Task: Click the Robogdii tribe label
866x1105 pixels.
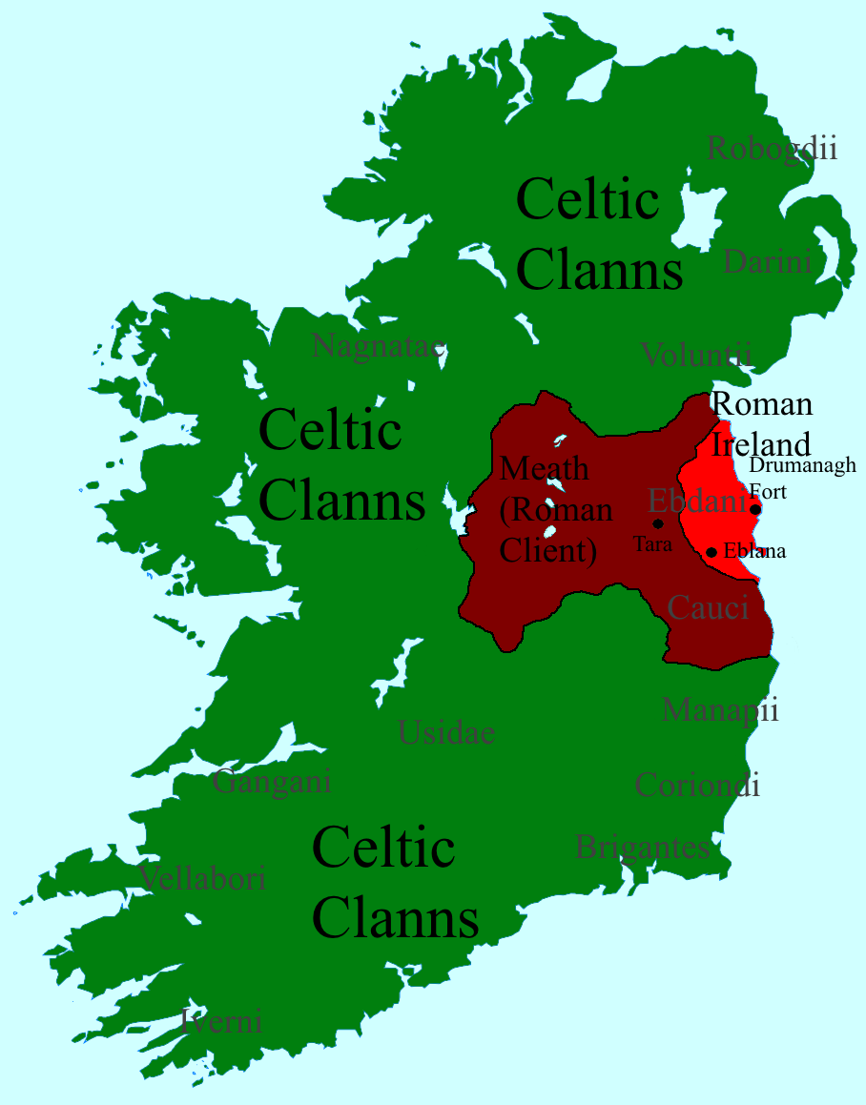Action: point(772,149)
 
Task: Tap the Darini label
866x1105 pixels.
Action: point(768,261)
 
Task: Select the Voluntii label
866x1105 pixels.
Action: point(696,355)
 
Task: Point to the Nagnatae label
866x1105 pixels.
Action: point(379,346)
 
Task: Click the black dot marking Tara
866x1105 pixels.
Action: point(657,523)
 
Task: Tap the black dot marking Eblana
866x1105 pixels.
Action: point(711,552)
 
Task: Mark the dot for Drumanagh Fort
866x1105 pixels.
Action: point(755,509)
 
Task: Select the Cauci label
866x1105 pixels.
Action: point(708,607)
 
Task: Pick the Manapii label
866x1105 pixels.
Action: point(720,709)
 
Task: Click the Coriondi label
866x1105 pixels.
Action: point(697,785)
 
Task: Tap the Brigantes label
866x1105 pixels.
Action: point(642,847)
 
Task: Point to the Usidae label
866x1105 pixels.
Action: point(446,732)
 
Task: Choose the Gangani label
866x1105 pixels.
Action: point(272,782)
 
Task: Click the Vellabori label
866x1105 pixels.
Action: point(202,878)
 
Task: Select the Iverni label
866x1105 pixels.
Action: point(221,1022)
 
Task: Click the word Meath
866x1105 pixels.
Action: point(545,469)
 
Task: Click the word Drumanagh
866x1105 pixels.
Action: point(802,465)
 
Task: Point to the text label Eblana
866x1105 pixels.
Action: point(754,551)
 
